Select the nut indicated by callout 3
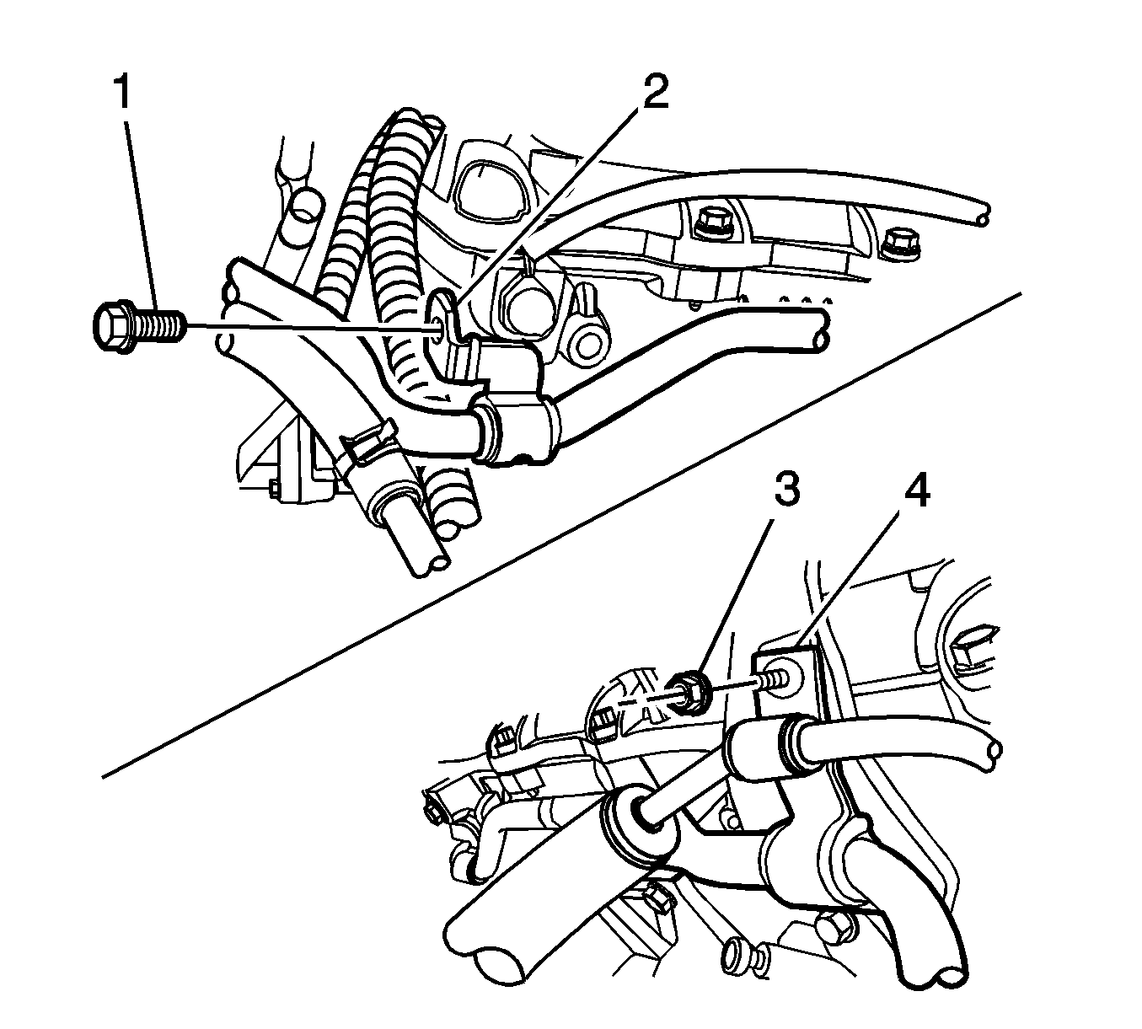(x=689, y=693)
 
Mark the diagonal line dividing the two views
(x=560, y=535)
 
